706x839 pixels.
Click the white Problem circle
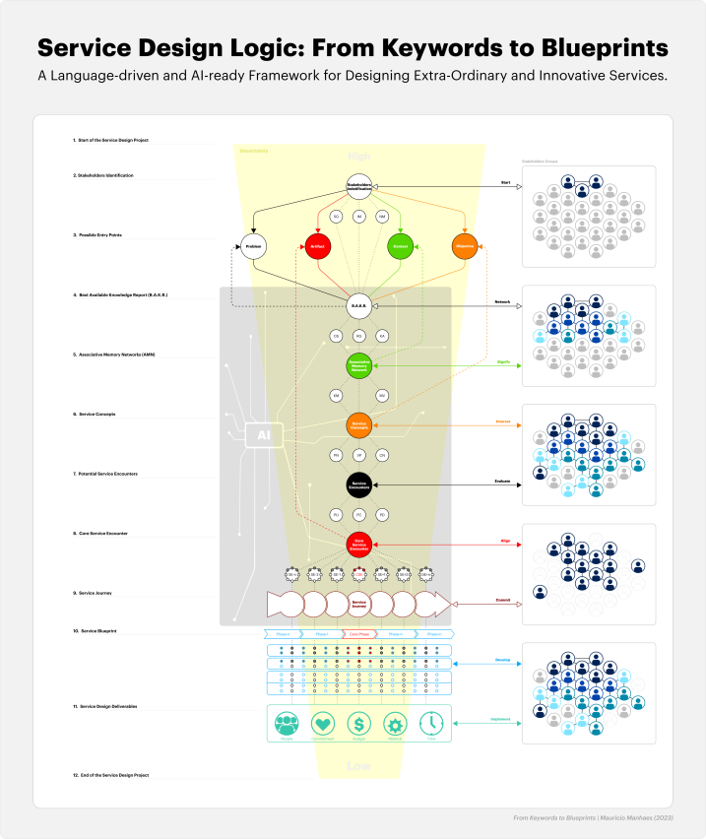254,247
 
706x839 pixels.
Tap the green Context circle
399,247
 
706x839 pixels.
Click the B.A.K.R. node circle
358,306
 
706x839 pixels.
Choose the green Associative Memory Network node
358,366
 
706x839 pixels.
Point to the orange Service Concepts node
358,425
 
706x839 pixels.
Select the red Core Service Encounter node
358,544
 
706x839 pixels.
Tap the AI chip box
265,434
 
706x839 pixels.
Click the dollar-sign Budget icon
360,724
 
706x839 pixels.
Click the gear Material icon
396,724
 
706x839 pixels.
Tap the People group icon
288,724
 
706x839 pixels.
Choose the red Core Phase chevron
358,634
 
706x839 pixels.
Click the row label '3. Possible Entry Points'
107,236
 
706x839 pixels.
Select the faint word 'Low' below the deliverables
358,766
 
